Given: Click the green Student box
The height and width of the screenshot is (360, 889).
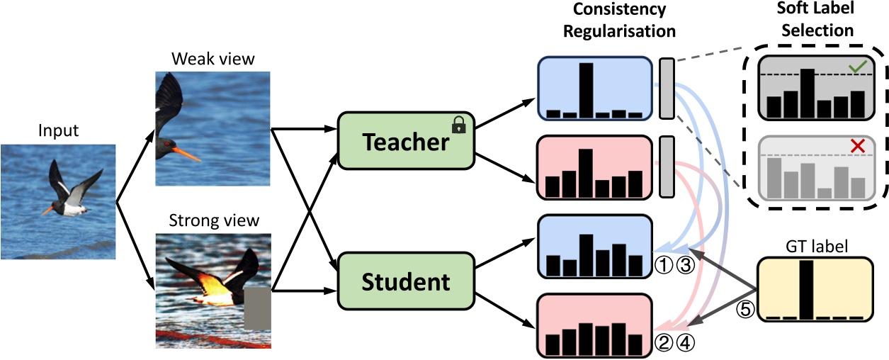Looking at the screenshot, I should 406,282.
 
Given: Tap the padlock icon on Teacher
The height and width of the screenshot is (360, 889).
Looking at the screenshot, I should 459,125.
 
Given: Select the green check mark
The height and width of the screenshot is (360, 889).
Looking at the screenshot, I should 858,67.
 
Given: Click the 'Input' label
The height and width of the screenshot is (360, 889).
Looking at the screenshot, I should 58,130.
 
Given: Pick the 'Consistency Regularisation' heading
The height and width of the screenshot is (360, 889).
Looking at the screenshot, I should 623,21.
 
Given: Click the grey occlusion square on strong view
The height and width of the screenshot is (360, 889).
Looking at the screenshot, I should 258,309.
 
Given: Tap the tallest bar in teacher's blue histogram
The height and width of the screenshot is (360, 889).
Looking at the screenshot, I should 586,90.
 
